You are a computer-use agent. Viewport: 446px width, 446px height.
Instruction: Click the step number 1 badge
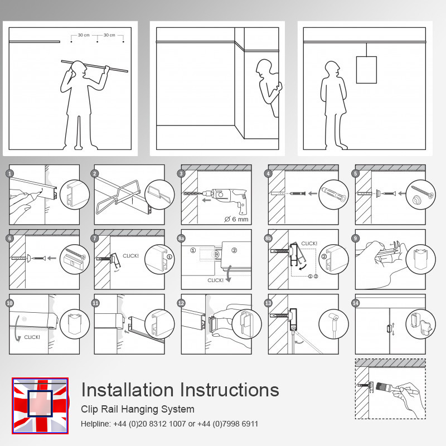10,173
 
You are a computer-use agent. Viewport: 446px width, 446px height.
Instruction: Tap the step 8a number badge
181,238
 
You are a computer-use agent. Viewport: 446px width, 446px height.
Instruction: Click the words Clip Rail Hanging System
138,409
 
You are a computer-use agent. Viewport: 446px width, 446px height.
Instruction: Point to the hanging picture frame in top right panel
366,69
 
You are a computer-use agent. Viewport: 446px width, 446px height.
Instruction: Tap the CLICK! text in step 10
32,337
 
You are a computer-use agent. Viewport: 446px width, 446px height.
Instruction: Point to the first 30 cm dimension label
84,35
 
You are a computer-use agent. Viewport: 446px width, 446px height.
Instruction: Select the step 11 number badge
95,303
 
